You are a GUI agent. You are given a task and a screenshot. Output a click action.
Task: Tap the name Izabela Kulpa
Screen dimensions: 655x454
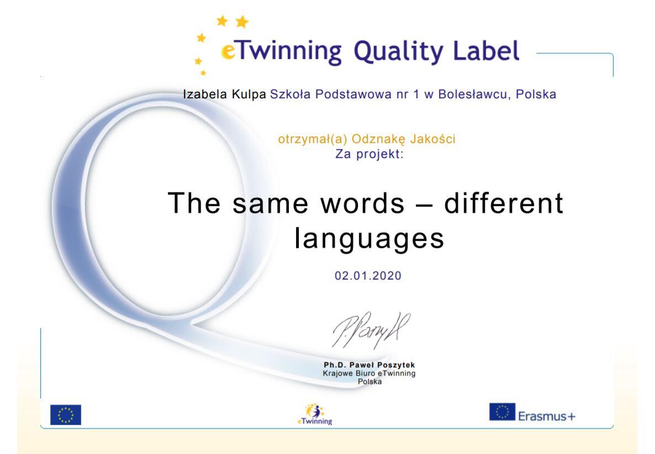[x=224, y=94]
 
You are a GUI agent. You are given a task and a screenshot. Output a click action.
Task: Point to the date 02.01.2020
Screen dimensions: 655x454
[x=368, y=276]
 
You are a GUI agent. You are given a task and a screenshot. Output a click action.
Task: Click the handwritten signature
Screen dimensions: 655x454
[x=371, y=330]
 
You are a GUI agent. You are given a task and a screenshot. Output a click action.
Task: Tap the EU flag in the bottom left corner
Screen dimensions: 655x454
[x=66, y=415]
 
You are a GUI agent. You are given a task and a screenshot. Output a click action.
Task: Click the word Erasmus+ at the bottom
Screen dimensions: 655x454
[x=547, y=416]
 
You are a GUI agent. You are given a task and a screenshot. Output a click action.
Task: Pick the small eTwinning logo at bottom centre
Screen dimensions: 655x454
[x=315, y=414]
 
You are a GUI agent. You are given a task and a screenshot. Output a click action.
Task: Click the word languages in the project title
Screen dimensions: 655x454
[x=369, y=239]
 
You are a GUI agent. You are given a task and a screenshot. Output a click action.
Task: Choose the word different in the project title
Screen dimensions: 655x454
[x=503, y=203]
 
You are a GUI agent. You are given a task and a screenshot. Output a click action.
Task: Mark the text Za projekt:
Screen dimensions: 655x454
[x=369, y=154]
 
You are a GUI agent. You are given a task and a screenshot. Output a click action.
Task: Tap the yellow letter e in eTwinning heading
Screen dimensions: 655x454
[x=228, y=52]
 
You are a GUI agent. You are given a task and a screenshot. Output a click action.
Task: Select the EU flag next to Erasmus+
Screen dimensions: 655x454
[x=502, y=412]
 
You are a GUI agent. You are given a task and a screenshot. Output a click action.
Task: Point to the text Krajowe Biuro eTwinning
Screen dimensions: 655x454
[x=369, y=373]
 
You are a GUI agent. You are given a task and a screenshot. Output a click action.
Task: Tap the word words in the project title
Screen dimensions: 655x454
[x=363, y=203]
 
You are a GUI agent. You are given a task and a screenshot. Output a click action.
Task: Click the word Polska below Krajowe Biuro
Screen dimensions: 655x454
[x=369, y=381]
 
